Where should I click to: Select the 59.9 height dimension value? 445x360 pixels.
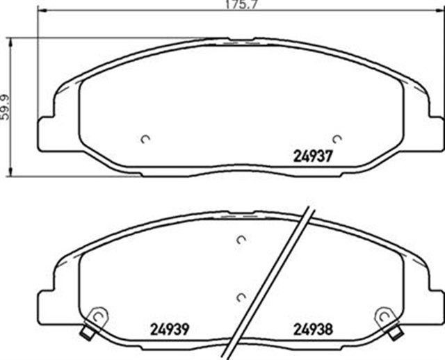point(6,106)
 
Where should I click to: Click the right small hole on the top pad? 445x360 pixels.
point(337,138)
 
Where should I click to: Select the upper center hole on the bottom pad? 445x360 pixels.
point(241,240)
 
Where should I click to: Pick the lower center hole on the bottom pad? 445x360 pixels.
point(241,297)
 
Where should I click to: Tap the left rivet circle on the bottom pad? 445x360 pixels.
point(99,316)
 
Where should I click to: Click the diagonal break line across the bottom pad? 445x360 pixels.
point(271,278)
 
